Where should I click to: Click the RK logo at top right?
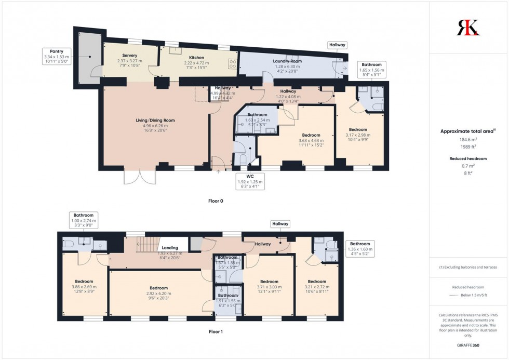[x=468, y=27]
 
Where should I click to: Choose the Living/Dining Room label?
[x=155, y=125]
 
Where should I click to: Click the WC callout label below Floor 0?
[x=250, y=181]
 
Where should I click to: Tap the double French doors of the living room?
[x=140, y=177]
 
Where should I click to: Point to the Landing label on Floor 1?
[x=170, y=248]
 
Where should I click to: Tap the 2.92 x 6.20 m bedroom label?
[x=158, y=293]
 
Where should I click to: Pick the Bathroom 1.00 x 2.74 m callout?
[x=83, y=220]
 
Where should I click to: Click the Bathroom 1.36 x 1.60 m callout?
[x=360, y=249]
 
